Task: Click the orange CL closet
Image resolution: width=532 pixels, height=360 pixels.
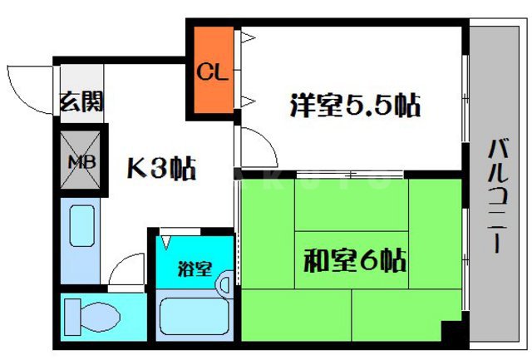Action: pos(211,73)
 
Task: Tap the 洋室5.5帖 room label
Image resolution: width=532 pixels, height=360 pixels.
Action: pos(353,106)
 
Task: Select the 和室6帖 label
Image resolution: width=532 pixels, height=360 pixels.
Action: pos(353,263)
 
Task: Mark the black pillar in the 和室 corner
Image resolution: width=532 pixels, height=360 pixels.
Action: pos(451,333)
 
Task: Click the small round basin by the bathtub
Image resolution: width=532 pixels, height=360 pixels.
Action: pos(224,285)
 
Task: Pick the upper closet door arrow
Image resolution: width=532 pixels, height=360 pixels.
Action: pos(247,37)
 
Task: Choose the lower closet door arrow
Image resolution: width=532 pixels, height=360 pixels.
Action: pos(247,102)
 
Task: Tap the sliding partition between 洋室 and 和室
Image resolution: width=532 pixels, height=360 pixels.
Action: pos(349,175)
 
